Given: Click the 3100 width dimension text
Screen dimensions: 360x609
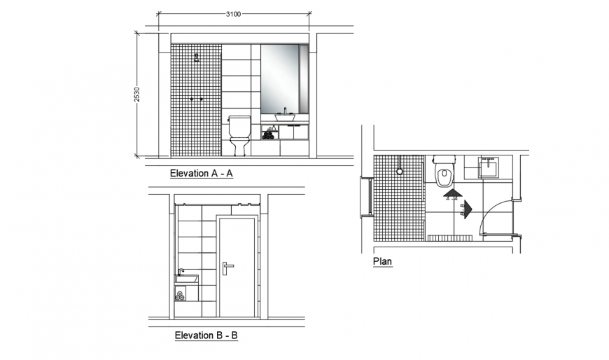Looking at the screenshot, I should [x=234, y=14].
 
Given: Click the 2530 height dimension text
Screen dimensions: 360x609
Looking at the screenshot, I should [x=137, y=95].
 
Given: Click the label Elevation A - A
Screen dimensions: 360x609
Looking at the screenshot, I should [x=201, y=174].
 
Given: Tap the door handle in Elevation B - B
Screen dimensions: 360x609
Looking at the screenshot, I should [x=227, y=265].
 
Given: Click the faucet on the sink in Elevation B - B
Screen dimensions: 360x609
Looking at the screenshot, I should [x=181, y=272].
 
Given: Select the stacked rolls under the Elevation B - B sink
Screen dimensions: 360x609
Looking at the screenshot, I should [x=181, y=296].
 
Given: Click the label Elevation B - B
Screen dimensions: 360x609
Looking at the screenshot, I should [x=206, y=335].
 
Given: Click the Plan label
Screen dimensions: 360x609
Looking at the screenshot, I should [x=382, y=262].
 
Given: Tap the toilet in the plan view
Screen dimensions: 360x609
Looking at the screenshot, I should [x=444, y=172].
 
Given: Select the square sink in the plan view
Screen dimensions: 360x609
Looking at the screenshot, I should [x=489, y=167].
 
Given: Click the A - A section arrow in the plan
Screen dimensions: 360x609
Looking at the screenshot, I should [x=451, y=193].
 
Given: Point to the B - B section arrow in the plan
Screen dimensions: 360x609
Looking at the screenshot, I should [x=468, y=208].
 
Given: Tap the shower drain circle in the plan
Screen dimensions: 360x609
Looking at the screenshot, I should [x=399, y=171].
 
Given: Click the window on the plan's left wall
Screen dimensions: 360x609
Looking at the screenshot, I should [x=364, y=197].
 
